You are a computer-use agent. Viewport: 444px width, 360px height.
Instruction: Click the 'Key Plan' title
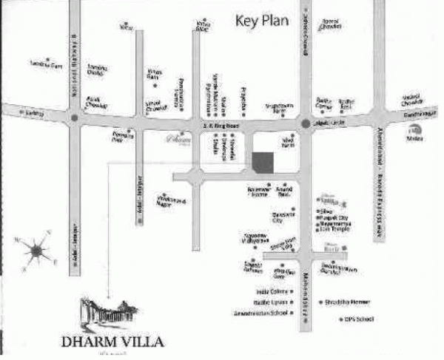tap(262, 20)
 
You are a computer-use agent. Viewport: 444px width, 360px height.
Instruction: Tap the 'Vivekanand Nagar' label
tap(171, 200)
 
